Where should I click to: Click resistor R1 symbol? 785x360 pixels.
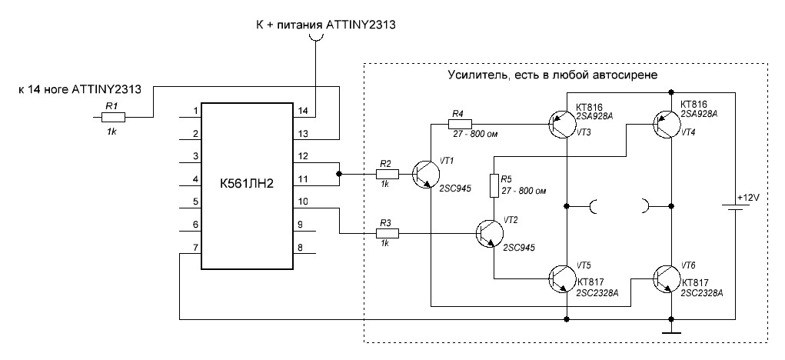pyautogui.click(x=113, y=117)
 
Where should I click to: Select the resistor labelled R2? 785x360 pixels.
pyautogui.click(x=387, y=174)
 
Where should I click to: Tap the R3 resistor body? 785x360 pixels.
pyautogui.click(x=387, y=232)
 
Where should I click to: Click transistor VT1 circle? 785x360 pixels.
pyautogui.click(x=425, y=175)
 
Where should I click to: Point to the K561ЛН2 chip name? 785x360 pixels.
pyautogui.click(x=246, y=185)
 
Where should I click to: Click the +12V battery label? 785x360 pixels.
pyautogui.click(x=747, y=198)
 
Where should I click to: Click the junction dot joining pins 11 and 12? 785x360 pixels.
pyautogui.click(x=338, y=175)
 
